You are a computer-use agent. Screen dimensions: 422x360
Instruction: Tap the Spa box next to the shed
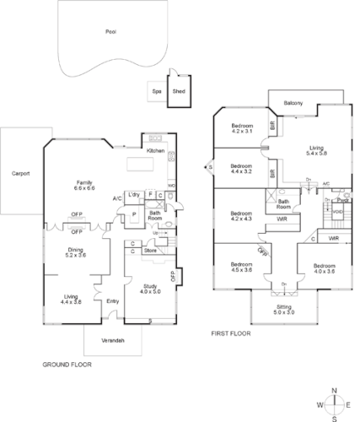(x=156, y=91)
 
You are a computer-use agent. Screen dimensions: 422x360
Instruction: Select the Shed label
(x=179, y=91)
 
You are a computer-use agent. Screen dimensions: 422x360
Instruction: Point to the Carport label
(x=21, y=173)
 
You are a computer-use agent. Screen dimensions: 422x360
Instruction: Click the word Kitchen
(x=156, y=150)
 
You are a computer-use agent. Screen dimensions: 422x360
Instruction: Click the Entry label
(x=112, y=301)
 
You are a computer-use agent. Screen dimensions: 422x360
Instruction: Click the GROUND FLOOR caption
(x=67, y=365)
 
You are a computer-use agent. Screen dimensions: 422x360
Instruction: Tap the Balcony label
(x=294, y=99)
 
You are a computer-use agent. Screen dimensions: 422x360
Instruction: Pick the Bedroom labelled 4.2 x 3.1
(x=242, y=128)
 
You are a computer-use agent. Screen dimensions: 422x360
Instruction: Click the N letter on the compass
(x=335, y=390)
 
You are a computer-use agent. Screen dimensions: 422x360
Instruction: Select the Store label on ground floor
(x=150, y=250)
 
